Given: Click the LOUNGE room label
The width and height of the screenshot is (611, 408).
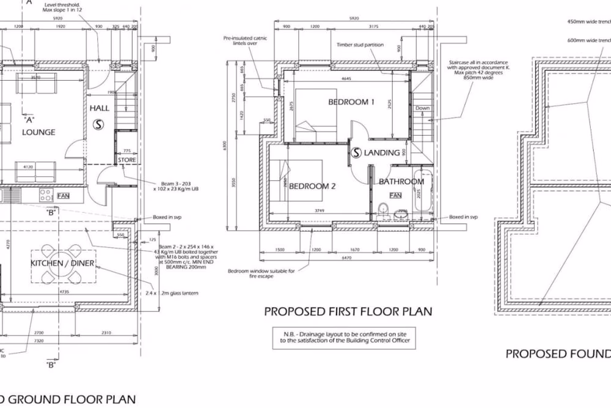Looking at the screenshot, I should tap(39, 132).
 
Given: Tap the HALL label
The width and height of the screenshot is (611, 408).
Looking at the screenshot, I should tap(99, 108).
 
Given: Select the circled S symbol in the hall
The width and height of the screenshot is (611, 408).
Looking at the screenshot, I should tap(98, 124).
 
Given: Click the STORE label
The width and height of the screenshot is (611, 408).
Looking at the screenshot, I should tap(127, 160).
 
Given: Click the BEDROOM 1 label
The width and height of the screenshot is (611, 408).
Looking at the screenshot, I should tap(351, 102).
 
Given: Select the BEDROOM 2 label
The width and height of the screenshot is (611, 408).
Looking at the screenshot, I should tap(312, 187).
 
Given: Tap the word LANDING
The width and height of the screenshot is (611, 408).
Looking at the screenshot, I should tap(382, 153).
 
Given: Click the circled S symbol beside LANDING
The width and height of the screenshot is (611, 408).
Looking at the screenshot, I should tap(356, 152).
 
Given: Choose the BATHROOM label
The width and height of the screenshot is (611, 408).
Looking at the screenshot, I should tap(398, 182).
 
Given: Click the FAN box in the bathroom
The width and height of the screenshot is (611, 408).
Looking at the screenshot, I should tap(395, 195).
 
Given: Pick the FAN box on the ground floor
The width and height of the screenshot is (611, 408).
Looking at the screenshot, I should tap(64, 196).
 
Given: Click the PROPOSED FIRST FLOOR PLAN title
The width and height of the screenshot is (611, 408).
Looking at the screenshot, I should tap(348, 311).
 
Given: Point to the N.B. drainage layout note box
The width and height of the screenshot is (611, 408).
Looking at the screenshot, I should tap(344, 338).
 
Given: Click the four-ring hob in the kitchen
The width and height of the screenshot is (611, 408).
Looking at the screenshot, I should tap(46, 196).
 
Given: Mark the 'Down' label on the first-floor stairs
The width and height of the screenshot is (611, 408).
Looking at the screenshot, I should tap(422, 108).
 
